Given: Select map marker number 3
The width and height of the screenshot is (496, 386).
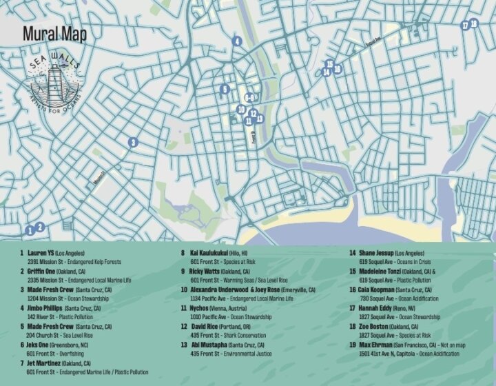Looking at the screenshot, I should pyautogui.click(x=132, y=143).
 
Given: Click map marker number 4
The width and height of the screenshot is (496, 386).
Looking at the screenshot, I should pyautogui.click(x=236, y=41).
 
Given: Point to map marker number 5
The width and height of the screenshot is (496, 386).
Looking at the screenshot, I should pyautogui.click(x=225, y=89).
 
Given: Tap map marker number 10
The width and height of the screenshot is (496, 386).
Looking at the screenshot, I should pyautogui.click(x=241, y=109).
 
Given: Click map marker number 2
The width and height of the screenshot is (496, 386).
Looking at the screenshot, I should pyautogui.click(x=40, y=227).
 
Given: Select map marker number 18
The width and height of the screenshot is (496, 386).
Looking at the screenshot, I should pyautogui.click(x=474, y=24).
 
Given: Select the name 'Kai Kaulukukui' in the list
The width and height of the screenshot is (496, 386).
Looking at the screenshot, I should pyautogui.click(x=211, y=253).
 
